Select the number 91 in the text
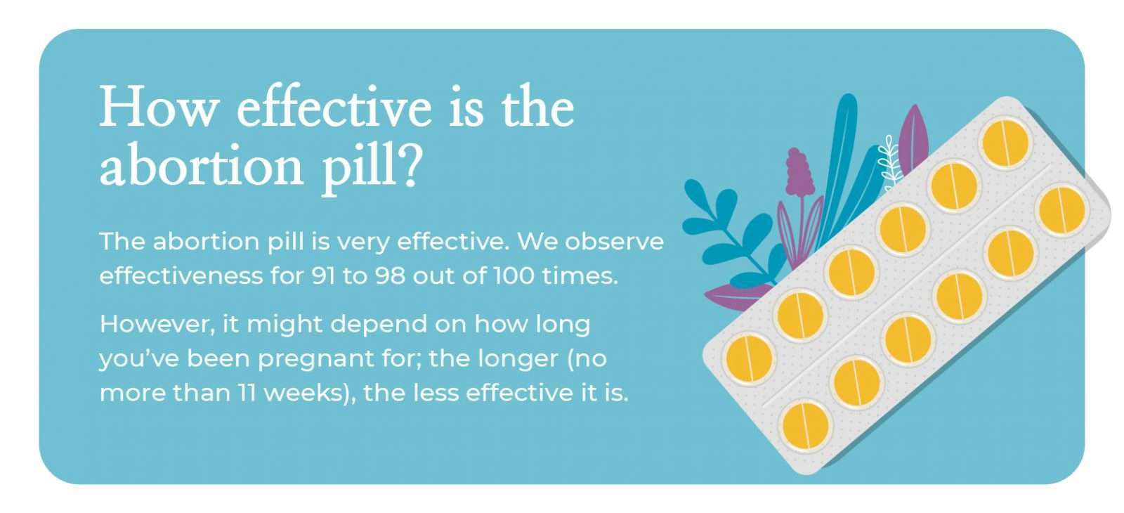coord(322,275)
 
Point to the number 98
coord(390,275)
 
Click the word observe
coord(614,242)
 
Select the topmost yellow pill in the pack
coord(1005,143)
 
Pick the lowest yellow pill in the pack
coord(804,426)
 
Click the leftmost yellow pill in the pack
coord(749,358)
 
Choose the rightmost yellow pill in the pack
coord(1061,210)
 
